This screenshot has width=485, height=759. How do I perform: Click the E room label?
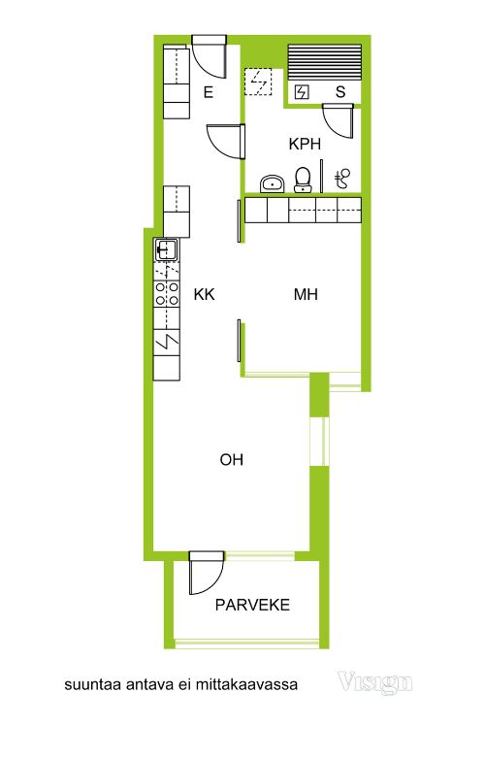(209, 92)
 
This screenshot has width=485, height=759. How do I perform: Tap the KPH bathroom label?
(305, 144)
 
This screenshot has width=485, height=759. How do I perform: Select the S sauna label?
(340, 92)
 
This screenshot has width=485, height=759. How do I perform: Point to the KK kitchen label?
(204, 294)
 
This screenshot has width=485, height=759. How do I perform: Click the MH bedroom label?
(307, 294)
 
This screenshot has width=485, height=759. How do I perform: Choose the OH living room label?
(232, 459)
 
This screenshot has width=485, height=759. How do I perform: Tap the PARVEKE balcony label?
(252, 605)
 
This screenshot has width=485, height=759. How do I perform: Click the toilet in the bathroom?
(304, 180)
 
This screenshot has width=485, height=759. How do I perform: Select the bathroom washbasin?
(273, 183)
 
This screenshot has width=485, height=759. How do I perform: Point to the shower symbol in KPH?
(342, 179)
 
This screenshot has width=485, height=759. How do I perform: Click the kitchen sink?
(166, 249)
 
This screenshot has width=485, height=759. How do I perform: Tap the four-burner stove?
(166, 293)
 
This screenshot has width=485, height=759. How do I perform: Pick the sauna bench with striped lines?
(324, 62)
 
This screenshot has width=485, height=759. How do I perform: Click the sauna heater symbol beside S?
(302, 92)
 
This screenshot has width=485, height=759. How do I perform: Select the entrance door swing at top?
(210, 56)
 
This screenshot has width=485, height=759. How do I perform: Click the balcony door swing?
(206, 573)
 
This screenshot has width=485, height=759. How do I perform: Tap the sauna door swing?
(338, 120)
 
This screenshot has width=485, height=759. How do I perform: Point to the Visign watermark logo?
(374, 682)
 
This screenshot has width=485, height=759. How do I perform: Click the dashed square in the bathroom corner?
(258, 82)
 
